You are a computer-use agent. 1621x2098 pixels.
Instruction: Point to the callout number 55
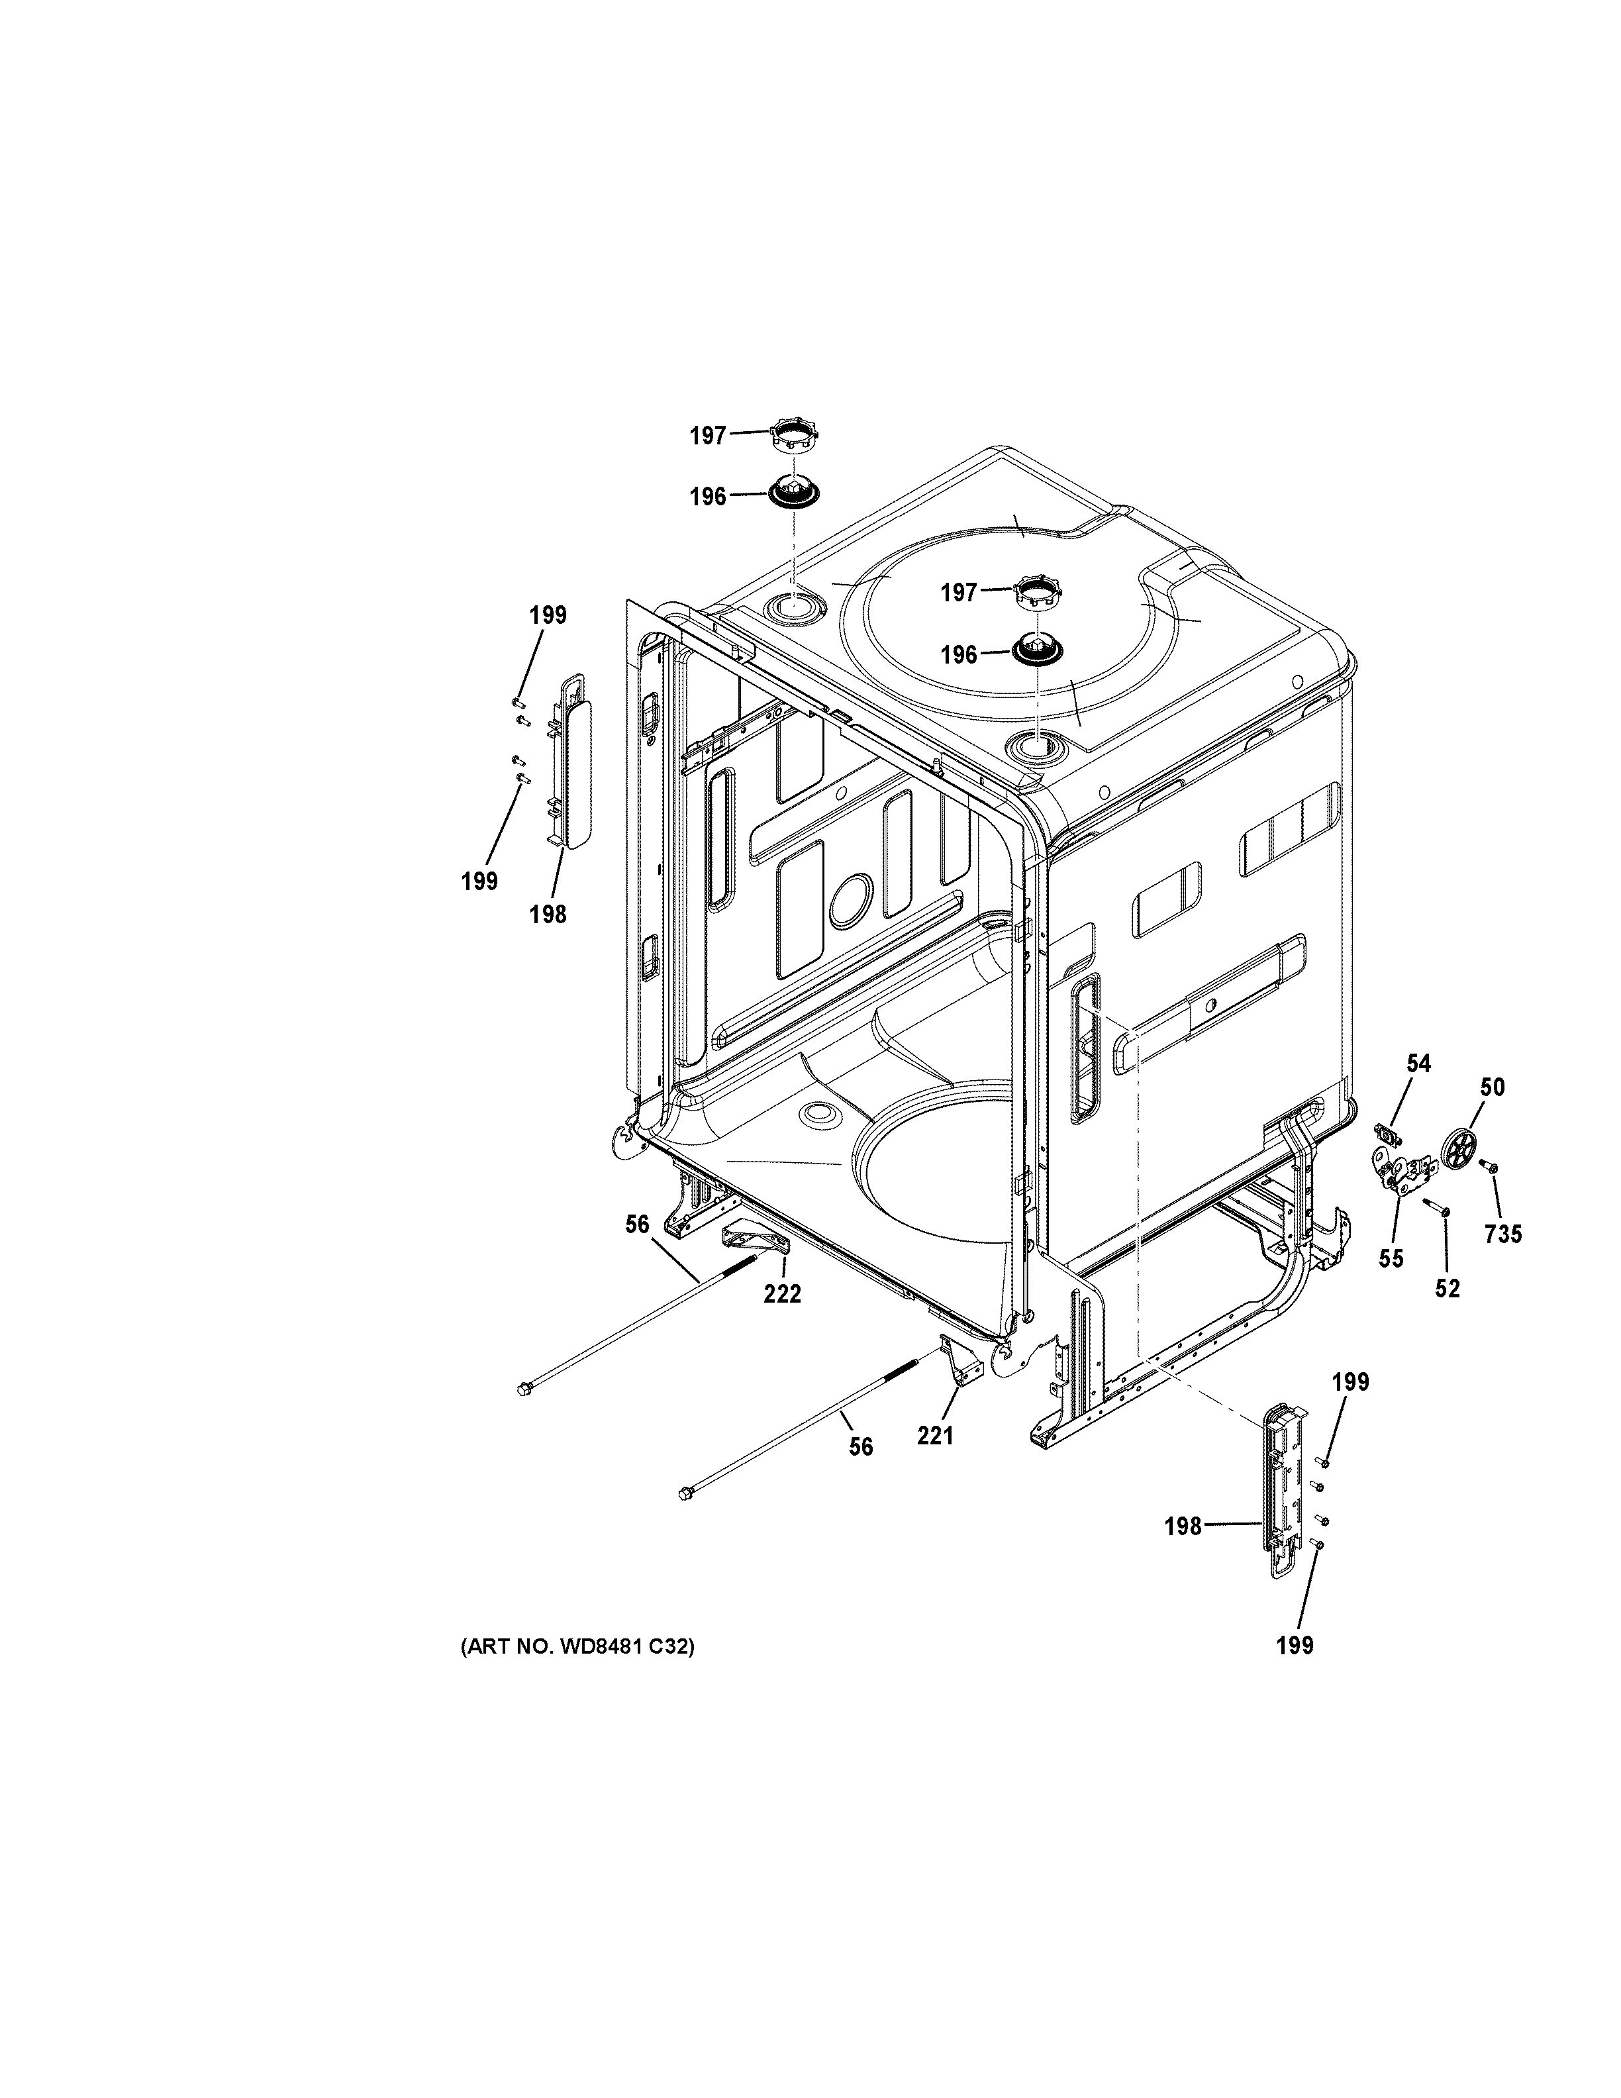point(1391,1258)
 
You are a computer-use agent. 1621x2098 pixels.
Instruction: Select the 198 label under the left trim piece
point(548,915)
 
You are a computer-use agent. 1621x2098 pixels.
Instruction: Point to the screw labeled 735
point(1491,1166)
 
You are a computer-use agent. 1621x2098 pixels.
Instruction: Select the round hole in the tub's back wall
point(851,899)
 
